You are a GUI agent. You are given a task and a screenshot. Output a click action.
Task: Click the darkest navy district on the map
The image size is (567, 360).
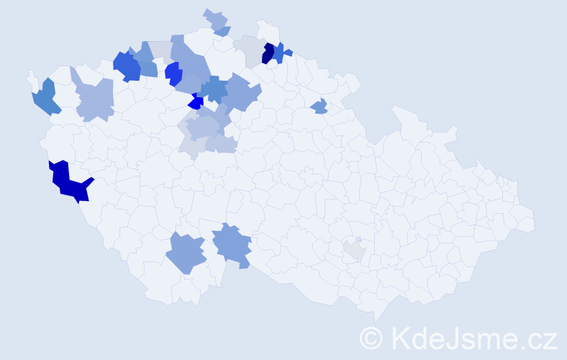point(268,53)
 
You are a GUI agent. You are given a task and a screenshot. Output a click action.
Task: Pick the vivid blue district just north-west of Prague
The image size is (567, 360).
point(173,73)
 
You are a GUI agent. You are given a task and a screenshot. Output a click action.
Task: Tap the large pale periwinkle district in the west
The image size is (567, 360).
point(96,99)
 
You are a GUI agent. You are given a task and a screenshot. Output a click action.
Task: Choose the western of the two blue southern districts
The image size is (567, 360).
point(186,253)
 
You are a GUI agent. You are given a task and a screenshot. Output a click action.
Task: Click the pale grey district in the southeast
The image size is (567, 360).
point(354,250)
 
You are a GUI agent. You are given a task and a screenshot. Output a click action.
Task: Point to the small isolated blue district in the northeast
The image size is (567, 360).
point(319,107)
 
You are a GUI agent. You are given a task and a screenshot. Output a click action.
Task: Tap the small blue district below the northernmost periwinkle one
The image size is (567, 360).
point(223,31)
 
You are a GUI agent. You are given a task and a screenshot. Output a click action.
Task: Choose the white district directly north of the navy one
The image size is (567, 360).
point(268,30)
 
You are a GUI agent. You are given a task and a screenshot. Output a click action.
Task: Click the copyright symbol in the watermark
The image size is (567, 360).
point(372,337)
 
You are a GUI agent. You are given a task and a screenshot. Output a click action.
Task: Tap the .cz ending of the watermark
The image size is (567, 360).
point(536,337)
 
